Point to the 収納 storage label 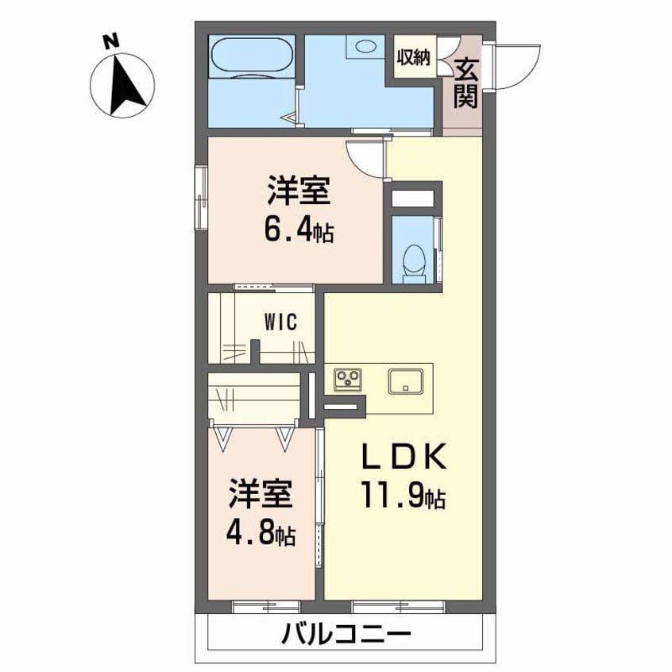415,57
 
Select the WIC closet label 280,322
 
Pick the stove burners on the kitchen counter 348,379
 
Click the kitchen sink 408,380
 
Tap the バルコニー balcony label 346,635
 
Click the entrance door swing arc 512,65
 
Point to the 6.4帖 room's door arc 366,157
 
